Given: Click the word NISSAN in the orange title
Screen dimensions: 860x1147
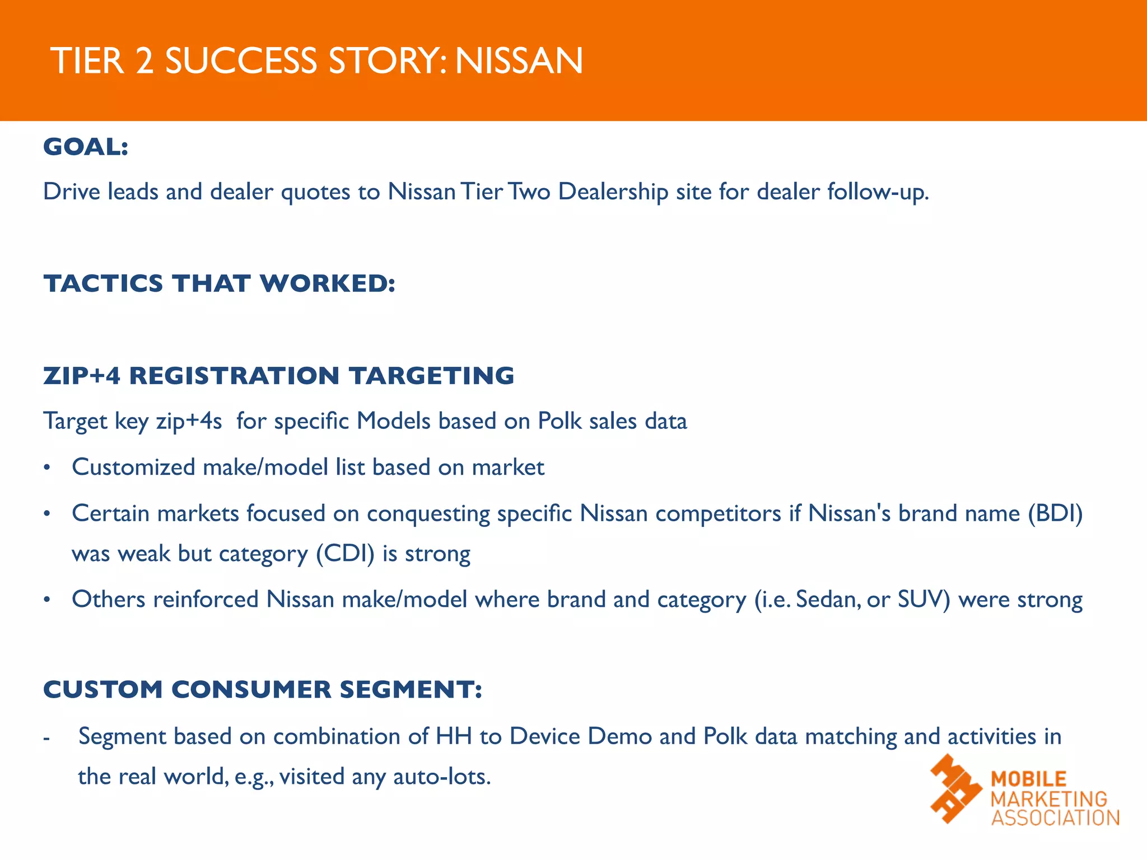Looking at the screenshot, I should (x=519, y=61).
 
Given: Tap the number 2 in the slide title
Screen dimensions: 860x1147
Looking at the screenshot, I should (x=144, y=61).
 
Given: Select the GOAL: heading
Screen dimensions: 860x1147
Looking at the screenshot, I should (x=86, y=147).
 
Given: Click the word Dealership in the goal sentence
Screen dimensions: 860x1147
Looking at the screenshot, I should (x=613, y=192).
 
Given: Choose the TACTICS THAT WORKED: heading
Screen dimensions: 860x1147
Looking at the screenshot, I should (x=220, y=283).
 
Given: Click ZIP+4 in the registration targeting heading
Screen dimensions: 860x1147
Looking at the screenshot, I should (x=82, y=376).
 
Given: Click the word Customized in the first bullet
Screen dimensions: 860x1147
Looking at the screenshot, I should (x=133, y=468).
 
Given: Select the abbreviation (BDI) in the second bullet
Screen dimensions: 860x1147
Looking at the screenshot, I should (x=1055, y=513).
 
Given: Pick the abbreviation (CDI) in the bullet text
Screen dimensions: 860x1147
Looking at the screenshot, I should (x=345, y=554).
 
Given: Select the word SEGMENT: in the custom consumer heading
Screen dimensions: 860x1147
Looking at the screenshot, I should (x=411, y=689).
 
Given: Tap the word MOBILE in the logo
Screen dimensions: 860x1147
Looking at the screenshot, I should (x=1029, y=779).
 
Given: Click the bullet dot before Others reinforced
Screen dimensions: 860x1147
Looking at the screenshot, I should (x=48, y=600).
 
